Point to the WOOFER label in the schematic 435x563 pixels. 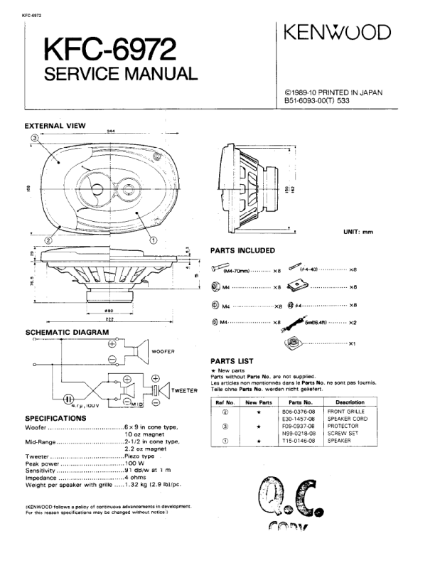coord(162,352)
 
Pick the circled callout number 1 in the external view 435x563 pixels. coord(154,240)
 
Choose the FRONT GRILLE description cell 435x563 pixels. coord(346,412)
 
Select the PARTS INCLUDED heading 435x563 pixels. coord(242,250)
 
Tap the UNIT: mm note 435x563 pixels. coord(358,232)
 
